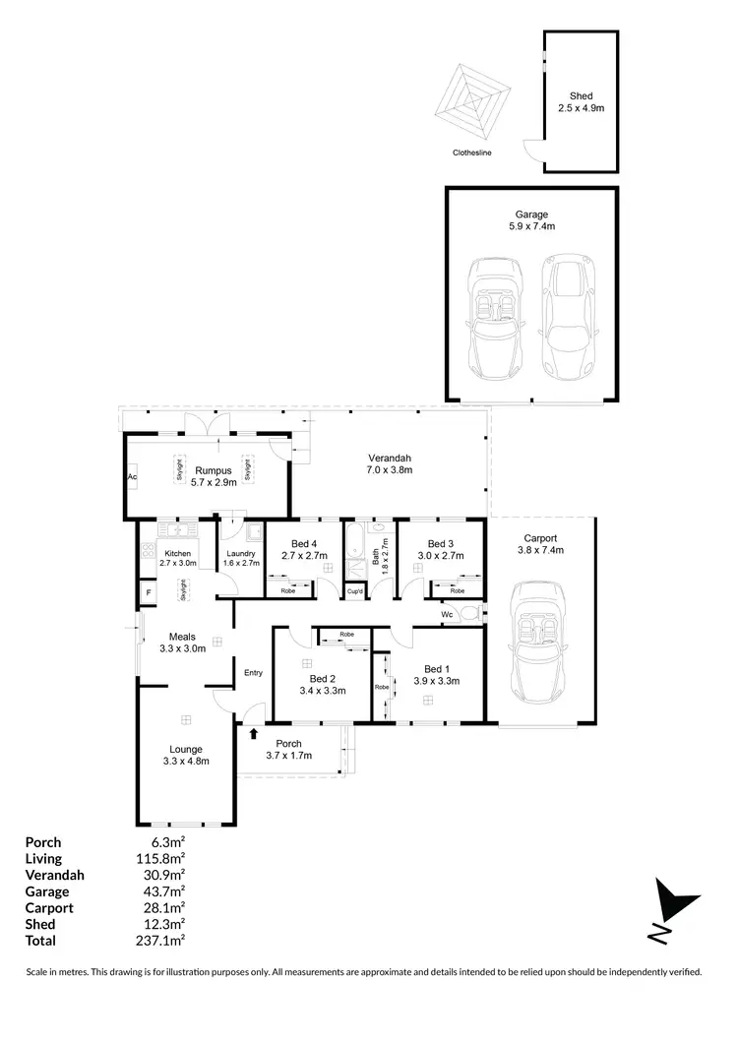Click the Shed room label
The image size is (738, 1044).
pyautogui.click(x=581, y=94)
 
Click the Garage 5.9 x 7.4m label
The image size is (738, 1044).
pyautogui.click(x=530, y=214)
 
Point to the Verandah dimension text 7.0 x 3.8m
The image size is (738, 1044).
pyautogui.click(x=390, y=471)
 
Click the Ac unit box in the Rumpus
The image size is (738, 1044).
pyautogui.click(x=130, y=477)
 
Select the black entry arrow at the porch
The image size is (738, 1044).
pyautogui.click(x=255, y=733)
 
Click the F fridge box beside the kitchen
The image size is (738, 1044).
pyautogui.click(x=148, y=592)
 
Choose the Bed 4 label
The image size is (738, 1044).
pyautogui.click(x=303, y=544)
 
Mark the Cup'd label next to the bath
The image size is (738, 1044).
pyautogui.click(x=354, y=590)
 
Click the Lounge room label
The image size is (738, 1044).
pyautogui.click(x=185, y=750)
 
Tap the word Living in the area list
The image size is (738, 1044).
pyautogui.click(x=43, y=859)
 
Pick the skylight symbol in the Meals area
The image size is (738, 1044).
pyautogui.click(x=182, y=589)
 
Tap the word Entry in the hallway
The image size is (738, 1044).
pyautogui.click(x=254, y=672)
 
